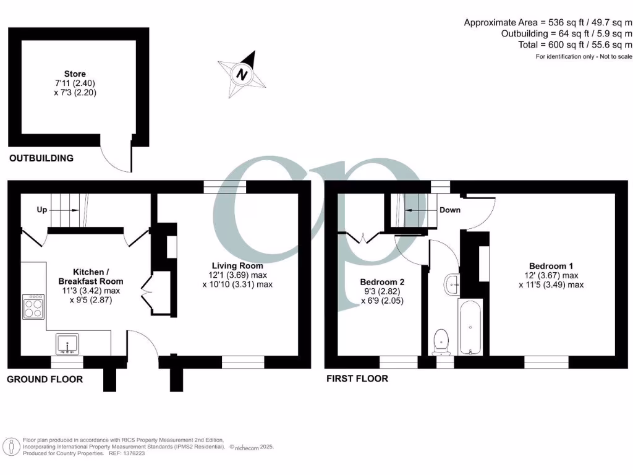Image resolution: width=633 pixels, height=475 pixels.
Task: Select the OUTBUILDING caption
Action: (x=41, y=158)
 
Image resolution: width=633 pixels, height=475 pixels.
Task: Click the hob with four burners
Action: (x=33, y=307)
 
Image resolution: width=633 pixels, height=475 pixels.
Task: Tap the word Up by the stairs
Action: (x=42, y=210)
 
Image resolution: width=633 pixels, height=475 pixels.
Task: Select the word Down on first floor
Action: (x=449, y=210)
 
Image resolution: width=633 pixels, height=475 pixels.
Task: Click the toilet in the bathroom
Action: (x=441, y=341)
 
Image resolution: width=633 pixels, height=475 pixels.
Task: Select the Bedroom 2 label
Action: (x=381, y=282)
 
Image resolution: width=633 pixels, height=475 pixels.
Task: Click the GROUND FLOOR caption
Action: (x=45, y=379)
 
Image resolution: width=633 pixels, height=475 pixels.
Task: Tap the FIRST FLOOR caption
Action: (x=357, y=379)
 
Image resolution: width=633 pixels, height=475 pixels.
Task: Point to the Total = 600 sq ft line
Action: (x=575, y=45)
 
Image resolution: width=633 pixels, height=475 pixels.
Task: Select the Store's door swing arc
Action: (x=116, y=158)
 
